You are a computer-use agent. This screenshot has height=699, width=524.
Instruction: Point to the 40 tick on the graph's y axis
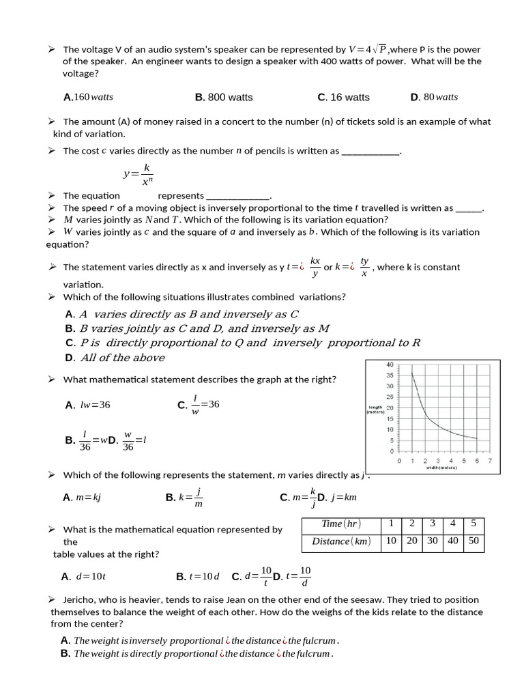point(390,365)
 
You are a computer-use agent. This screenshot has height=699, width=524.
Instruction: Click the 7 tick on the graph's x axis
point(490,461)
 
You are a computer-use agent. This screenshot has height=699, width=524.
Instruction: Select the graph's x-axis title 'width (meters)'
point(442,468)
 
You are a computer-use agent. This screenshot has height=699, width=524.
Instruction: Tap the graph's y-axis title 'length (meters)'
point(375,409)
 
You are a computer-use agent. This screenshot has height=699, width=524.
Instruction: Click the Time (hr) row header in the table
point(341,524)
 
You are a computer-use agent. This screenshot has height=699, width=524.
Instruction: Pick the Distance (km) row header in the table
point(341,541)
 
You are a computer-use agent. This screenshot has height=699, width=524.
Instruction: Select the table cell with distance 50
point(473,541)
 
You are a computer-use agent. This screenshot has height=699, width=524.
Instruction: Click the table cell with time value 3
point(432,524)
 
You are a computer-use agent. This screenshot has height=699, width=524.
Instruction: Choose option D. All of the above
point(115,358)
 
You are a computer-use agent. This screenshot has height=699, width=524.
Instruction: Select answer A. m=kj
point(82,498)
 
